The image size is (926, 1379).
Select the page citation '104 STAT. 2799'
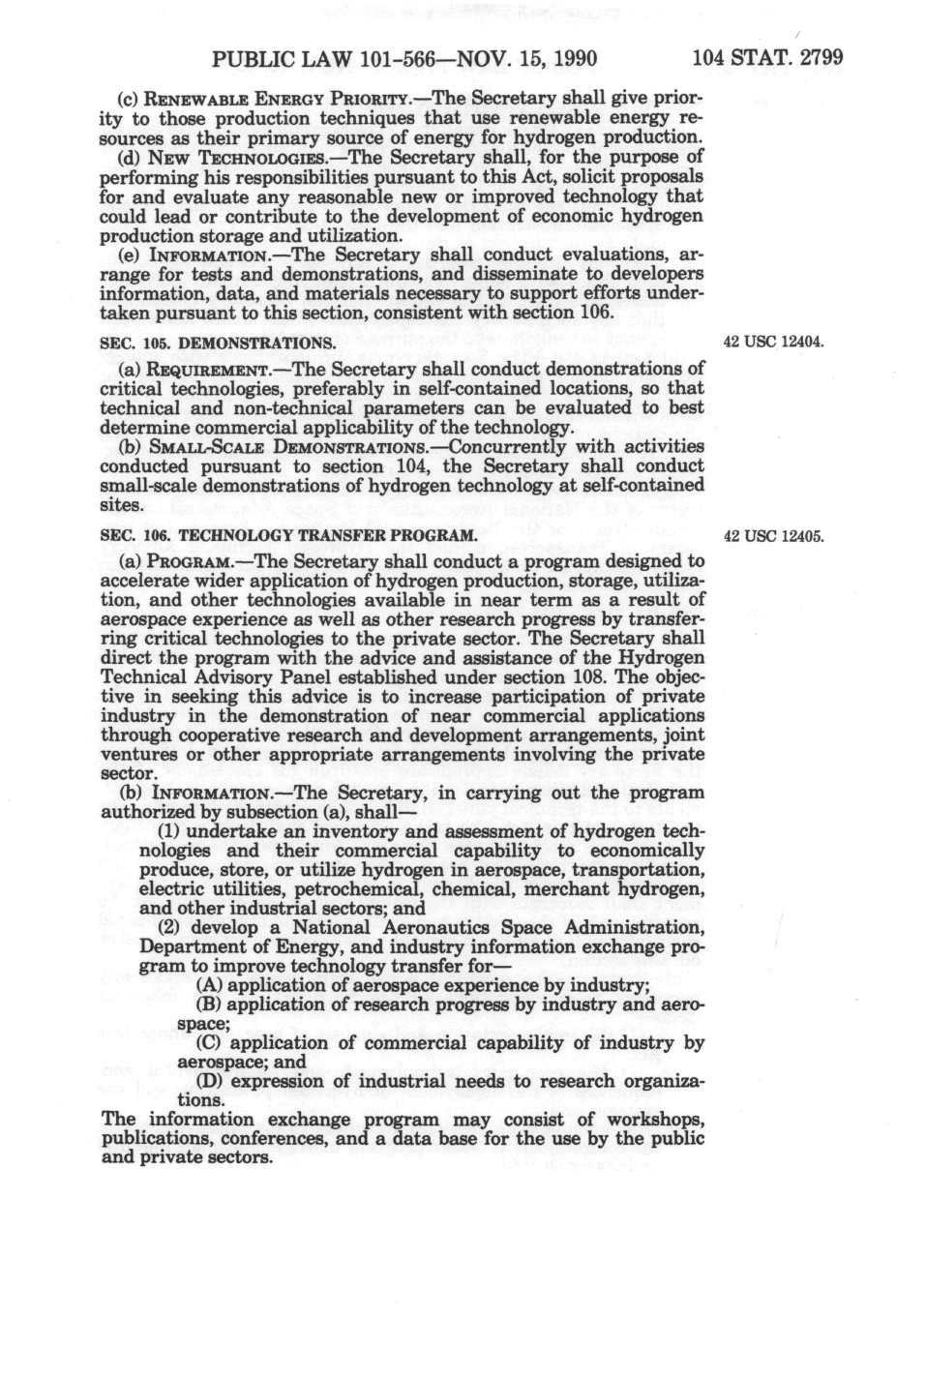[x=768, y=57]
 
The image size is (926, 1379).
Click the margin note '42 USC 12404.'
[x=772, y=342]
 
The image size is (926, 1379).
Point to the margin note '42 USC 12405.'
[x=772, y=535]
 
